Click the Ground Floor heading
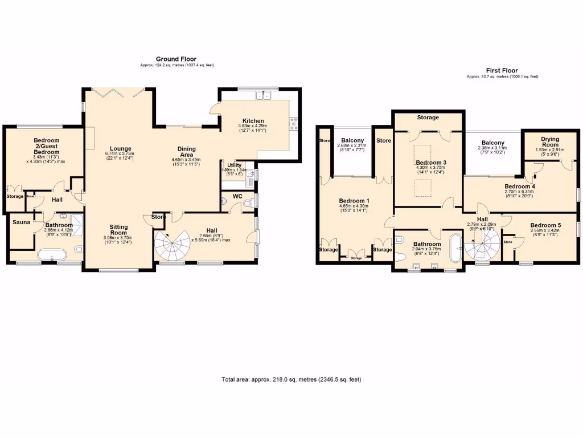(176, 59)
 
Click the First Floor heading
(502, 71)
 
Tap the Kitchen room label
(253, 121)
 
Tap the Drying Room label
(550, 141)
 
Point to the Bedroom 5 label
(545, 226)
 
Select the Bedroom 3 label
(430, 163)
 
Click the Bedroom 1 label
(354, 201)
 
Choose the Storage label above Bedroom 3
(428, 117)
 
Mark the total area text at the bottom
(291, 379)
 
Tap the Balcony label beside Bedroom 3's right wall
(492, 143)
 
